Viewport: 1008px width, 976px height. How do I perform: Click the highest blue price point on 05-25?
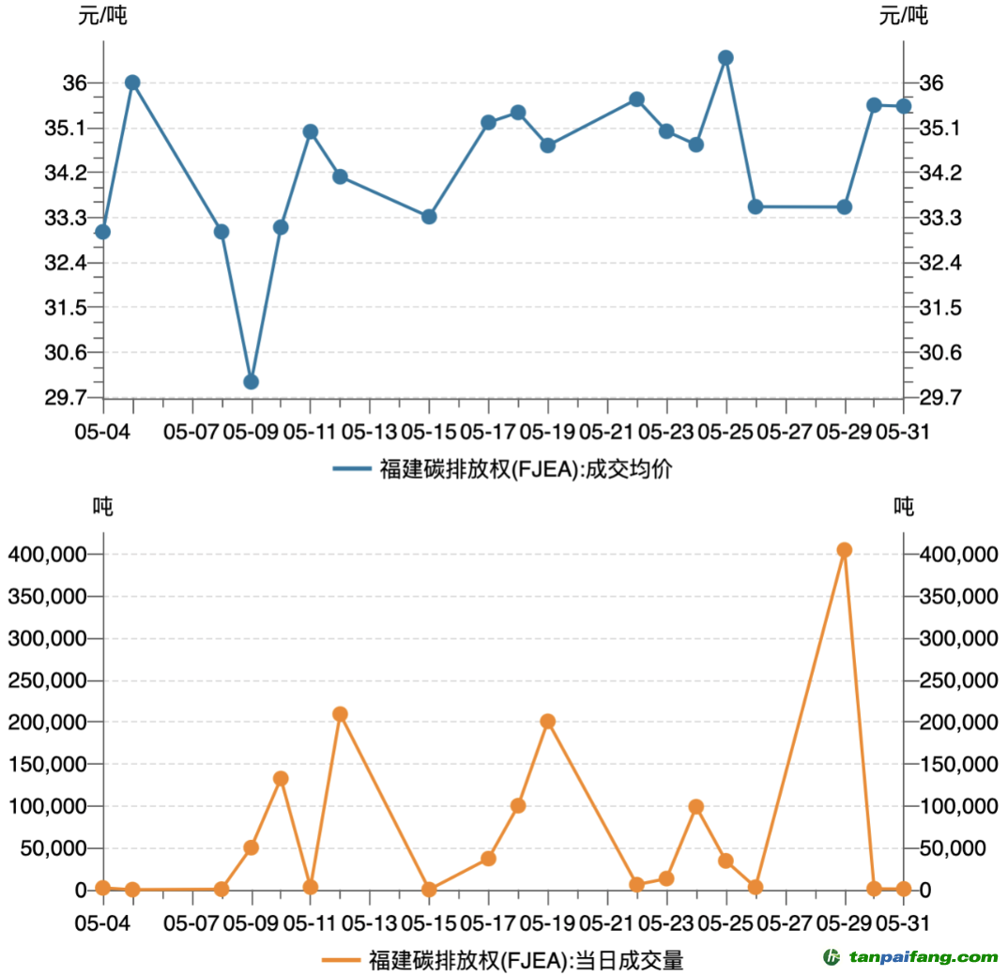point(725,58)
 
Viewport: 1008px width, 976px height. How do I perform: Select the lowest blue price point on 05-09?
point(251,381)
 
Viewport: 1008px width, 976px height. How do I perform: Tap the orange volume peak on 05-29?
point(844,550)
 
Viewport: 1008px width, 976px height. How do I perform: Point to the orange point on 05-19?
point(548,722)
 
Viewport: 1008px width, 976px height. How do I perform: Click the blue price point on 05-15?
point(429,217)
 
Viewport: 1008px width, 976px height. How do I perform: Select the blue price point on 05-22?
point(636,99)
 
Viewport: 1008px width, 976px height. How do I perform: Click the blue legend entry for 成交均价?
point(502,468)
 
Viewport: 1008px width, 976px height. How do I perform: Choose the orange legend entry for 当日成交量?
point(502,960)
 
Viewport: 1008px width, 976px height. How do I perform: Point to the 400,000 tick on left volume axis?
point(48,555)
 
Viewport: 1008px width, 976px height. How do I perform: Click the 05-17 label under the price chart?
point(488,432)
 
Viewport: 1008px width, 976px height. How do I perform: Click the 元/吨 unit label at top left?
point(101,15)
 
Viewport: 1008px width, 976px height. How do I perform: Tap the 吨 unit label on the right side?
point(904,507)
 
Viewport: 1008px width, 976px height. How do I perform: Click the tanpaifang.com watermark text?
point(924,957)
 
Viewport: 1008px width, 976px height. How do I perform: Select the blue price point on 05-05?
point(132,83)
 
